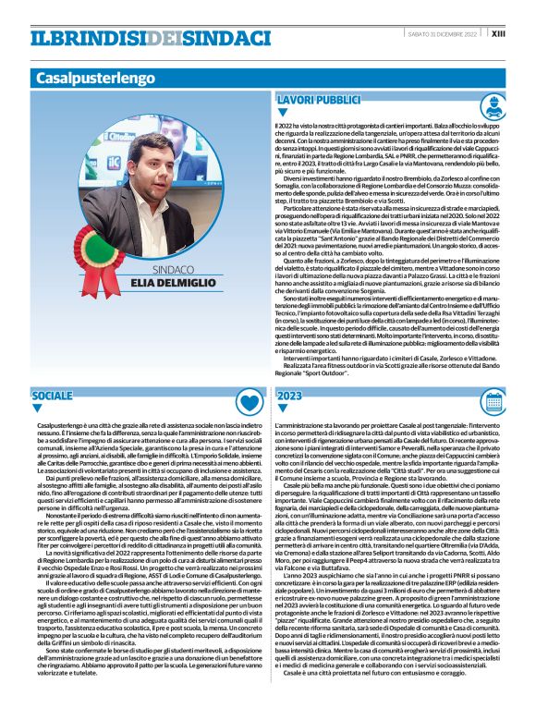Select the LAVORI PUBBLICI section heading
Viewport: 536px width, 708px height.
point(319,99)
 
